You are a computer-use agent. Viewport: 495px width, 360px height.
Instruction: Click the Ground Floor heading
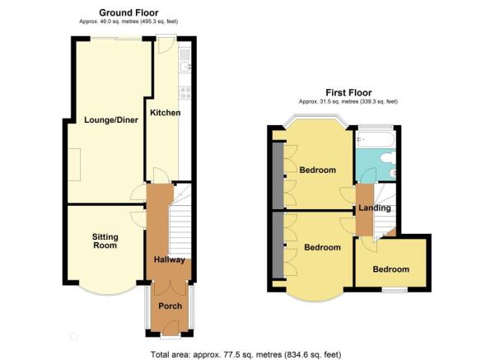coord(128,12)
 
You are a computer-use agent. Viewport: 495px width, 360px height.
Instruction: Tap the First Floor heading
coord(348,92)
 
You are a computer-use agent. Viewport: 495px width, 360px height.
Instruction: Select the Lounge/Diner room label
coord(111,120)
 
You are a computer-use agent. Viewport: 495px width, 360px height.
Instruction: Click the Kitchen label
coord(165,113)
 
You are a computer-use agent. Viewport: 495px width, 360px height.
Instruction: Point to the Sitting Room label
coord(105,241)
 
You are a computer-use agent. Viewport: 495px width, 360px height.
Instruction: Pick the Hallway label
coord(169,259)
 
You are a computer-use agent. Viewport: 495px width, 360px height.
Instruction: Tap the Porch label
coord(170,306)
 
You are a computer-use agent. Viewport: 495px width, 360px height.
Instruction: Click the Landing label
coord(375,208)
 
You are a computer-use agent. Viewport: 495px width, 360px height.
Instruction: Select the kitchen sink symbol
coord(185,66)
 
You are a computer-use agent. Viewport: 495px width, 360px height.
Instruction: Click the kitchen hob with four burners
coord(185,92)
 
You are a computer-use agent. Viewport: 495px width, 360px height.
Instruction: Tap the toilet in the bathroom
coord(388,158)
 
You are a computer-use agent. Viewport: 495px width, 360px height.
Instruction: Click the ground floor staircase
coord(180,221)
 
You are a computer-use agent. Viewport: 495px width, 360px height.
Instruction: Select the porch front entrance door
coord(170,328)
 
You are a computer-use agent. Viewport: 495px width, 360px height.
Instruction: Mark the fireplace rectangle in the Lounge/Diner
coord(74,165)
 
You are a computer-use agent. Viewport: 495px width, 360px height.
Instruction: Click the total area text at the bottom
coord(246,354)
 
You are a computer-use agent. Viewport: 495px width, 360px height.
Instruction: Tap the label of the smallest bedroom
coord(391,269)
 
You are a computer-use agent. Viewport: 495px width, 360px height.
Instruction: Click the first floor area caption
coord(348,101)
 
